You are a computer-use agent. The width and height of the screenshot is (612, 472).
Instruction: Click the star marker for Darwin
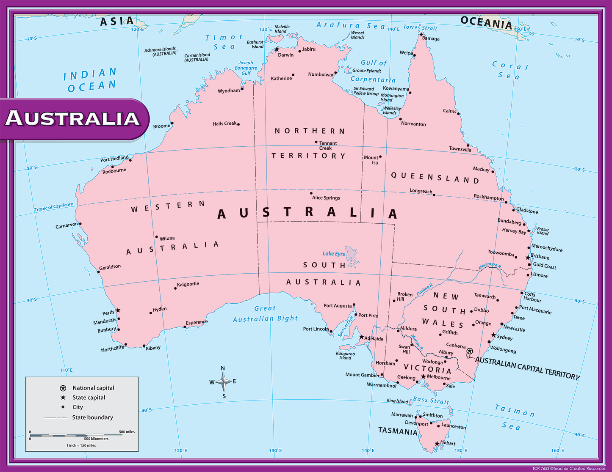point(277,49)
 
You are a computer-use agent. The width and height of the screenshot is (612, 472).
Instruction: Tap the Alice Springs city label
point(326,198)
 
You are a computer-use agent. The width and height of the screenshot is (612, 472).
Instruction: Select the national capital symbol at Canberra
point(469,351)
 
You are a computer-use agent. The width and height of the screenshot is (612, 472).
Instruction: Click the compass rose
point(223,382)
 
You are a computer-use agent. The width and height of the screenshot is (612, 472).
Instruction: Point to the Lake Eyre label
point(334,254)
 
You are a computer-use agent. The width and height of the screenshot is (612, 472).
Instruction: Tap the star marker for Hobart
point(437,444)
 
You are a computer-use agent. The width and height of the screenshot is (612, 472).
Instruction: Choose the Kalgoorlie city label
point(188,284)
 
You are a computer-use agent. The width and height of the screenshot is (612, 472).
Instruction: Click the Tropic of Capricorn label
point(54,207)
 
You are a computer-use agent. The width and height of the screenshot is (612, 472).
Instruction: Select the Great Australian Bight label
point(266,314)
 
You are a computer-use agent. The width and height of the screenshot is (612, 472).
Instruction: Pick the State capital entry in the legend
point(89,398)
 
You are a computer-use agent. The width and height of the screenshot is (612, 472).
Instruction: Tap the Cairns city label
point(449,111)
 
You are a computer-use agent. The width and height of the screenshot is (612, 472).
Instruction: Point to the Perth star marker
point(118,310)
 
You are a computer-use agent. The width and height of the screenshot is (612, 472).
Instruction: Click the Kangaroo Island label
point(345,356)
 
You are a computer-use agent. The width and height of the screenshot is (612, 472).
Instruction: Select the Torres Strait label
point(420,28)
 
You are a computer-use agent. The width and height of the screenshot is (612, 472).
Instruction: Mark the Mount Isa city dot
point(380,157)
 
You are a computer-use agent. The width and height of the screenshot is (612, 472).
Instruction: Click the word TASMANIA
point(398,431)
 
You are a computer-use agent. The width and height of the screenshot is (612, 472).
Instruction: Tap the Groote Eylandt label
point(367,71)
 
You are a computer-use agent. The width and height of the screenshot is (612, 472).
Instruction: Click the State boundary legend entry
point(92,417)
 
